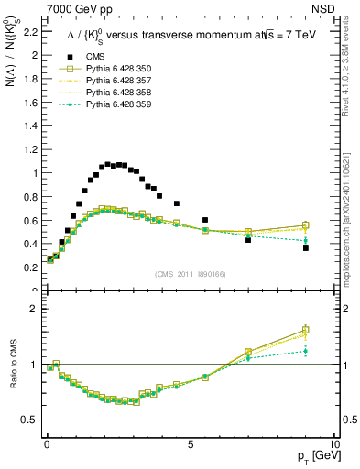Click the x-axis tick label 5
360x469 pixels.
(x=190, y=443)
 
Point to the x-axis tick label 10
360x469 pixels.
(x=333, y=443)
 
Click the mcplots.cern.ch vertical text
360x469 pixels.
(x=351, y=220)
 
